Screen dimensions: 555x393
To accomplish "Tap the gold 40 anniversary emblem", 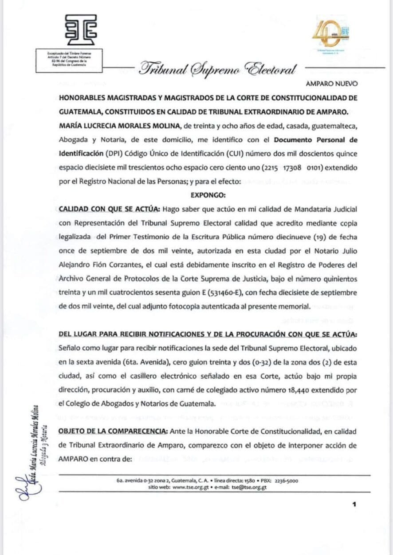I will pyautogui.click(x=330, y=35).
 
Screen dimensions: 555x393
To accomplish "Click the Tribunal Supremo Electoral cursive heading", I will pyautogui.click(x=217, y=69).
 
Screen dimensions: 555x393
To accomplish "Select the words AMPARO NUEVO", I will pyautogui.click(x=332, y=83).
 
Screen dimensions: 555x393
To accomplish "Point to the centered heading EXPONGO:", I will pyautogui.click(x=208, y=194).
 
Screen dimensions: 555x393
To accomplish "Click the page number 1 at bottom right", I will pyautogui.click(x=354, y=504).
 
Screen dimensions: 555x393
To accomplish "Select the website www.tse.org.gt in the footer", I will pyautogui.click(x=191, y=487).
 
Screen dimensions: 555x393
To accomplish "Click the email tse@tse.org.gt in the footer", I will pyautogui.click(x=246, y=487).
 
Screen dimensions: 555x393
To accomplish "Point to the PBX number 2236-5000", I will pyautogui.click(x=286, y=481).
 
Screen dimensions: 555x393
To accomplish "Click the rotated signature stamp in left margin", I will pyautogui.click(x=37, y=448).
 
